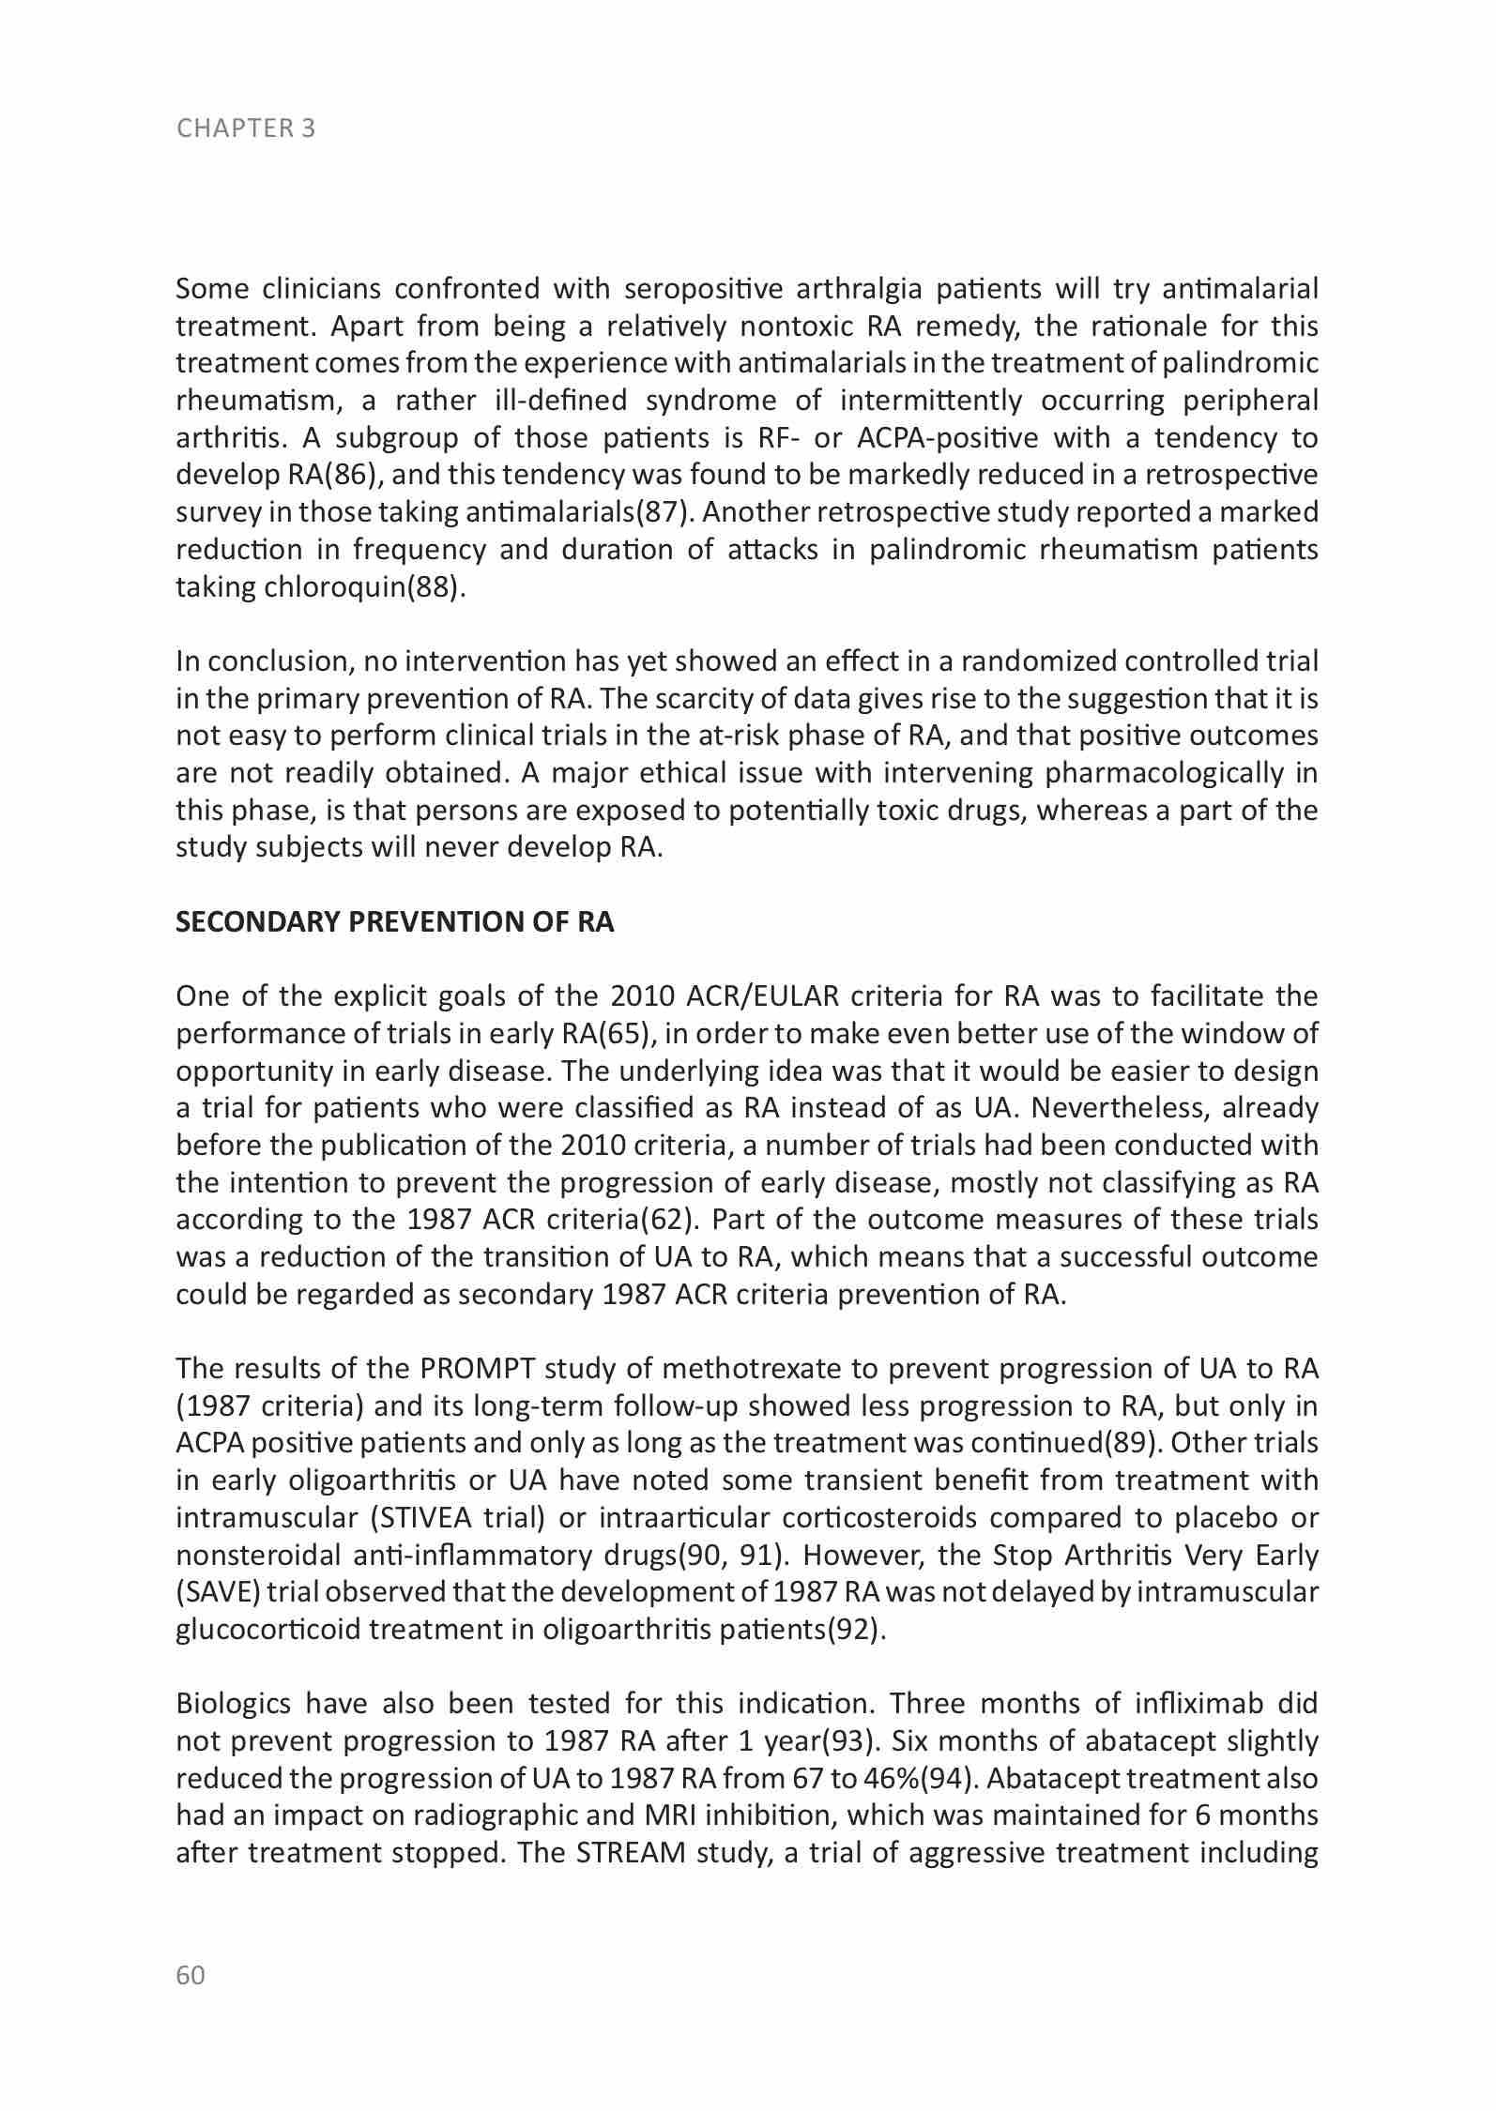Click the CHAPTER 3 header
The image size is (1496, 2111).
(x=246, y=129)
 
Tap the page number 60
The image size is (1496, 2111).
(x=191, y=1975)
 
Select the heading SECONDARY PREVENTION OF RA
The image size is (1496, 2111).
(x=395, y=922)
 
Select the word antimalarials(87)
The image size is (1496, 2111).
(x=580, y=512)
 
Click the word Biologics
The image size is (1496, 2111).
(x=234, y=1703)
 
